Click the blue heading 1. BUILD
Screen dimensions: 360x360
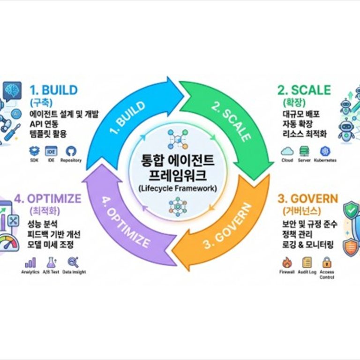coord(54,90)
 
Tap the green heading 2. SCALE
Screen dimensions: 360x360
coord(304,90)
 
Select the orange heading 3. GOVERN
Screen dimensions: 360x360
coord(308,199)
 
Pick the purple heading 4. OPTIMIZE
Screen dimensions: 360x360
coord(48,199)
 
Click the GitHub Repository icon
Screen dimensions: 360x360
coord(71,151)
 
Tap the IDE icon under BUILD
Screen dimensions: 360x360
coord(51,151)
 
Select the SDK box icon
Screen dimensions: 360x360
coord(34,151)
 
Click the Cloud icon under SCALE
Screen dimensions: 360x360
coord(287,151)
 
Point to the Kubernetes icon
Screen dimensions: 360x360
coord(325,151)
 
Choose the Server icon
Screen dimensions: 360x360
coord(304,151)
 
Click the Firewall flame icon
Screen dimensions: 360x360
coord(287,262)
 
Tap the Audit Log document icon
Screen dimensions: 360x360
coord(307,262)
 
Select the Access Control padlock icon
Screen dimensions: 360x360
coord(327,262)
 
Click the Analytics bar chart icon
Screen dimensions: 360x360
coord(30,262)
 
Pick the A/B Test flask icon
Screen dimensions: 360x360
coord(51,262)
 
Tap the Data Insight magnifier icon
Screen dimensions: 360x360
coord(74,262)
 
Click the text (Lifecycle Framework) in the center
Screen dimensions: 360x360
coord(178,188)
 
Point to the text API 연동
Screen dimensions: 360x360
coord(44,124)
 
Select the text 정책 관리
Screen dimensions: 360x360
coord(297,234)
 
